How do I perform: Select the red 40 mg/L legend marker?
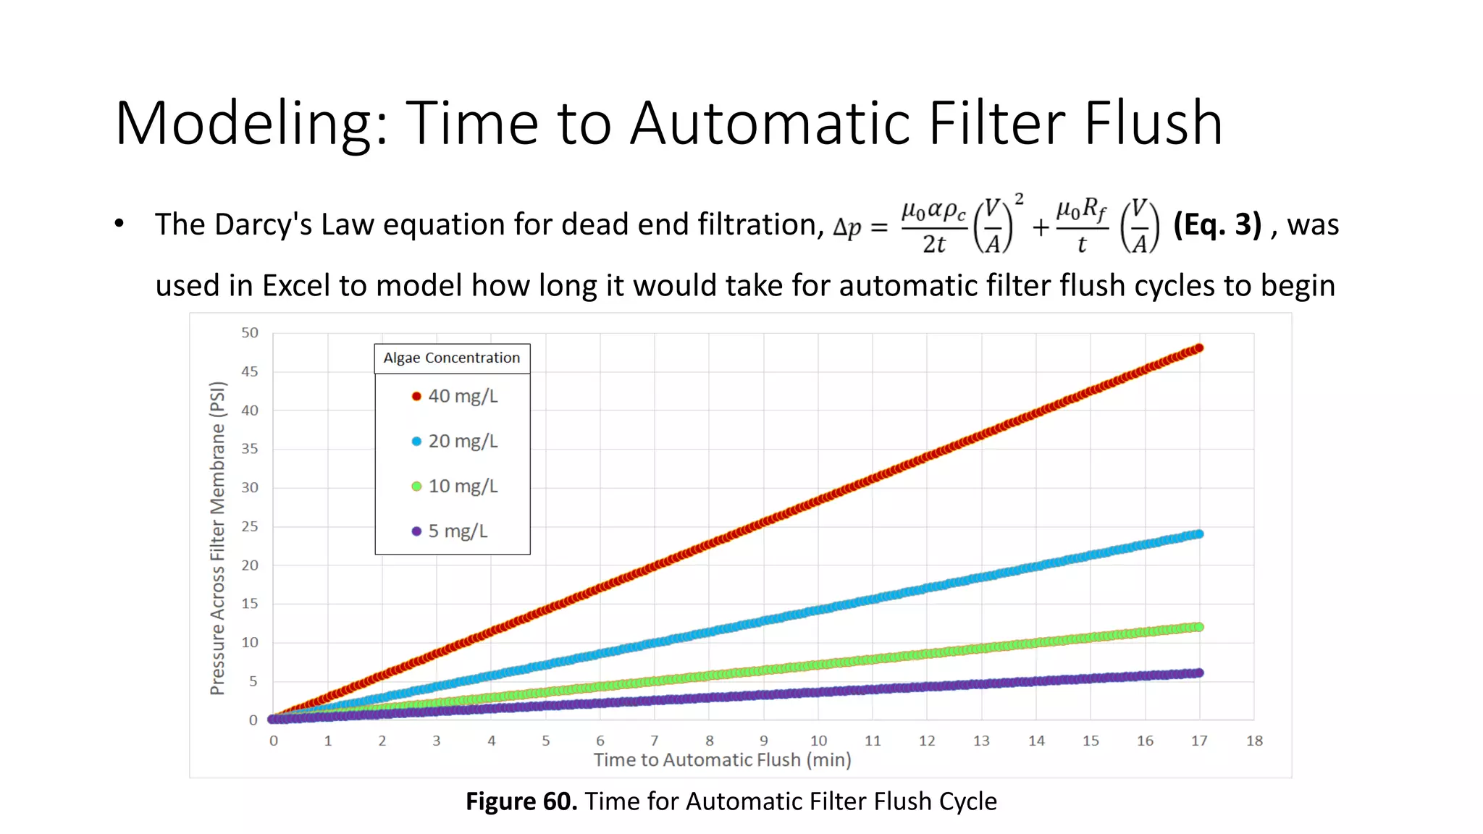pos(416,396)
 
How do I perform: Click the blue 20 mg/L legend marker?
pos(416,441)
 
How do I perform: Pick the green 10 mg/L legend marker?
pos(416,486)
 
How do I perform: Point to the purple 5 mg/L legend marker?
pos(416,531)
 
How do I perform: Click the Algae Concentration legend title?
pos(452,358)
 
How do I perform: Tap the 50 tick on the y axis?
pos(250,333)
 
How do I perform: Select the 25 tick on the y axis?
pos(250,526)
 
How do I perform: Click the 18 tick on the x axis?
pos(1254,741)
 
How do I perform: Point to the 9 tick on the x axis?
pos(764,741)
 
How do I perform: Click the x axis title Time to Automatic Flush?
pos(722,759)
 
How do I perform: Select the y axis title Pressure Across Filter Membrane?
pos(217,538)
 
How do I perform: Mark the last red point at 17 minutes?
pos(1199,348)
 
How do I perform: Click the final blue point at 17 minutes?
pos(1199,534)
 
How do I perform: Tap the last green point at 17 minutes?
pos(1199,627)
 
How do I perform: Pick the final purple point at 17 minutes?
pos(1199,673)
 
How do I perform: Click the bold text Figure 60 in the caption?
pos(521,801)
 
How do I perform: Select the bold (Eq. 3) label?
pos(1217,224)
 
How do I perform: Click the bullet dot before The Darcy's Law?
pos(119,224)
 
